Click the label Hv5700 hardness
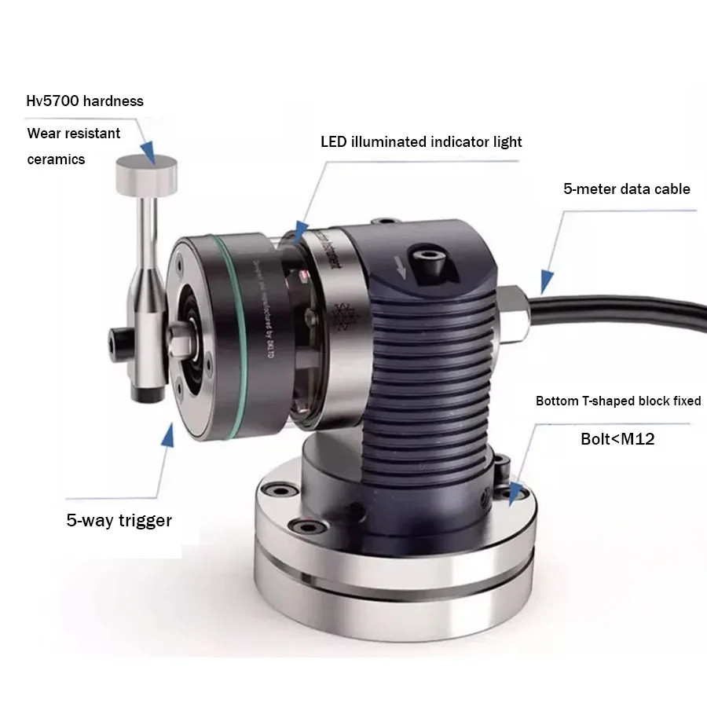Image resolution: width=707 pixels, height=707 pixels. coord(85,101)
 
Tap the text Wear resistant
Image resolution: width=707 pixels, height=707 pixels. coord(74,134)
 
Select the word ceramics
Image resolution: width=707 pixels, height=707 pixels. coord(56,159)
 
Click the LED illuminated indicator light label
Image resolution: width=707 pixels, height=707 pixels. coord(421,142)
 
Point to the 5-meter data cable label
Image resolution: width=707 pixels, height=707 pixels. coord(626,189)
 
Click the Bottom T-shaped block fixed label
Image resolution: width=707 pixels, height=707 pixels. coord(618,401)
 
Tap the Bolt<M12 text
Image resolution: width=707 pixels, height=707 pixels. coord(617,439)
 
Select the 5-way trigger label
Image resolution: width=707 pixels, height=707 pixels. coord(119,520)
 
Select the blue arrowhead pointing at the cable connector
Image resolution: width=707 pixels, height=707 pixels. coord(544,279)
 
